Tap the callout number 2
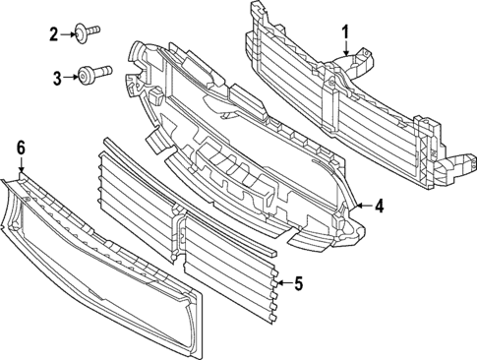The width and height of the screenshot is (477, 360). [55, 35]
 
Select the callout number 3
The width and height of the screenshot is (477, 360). [57, 76]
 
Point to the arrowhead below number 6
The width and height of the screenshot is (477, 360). [20, 173]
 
